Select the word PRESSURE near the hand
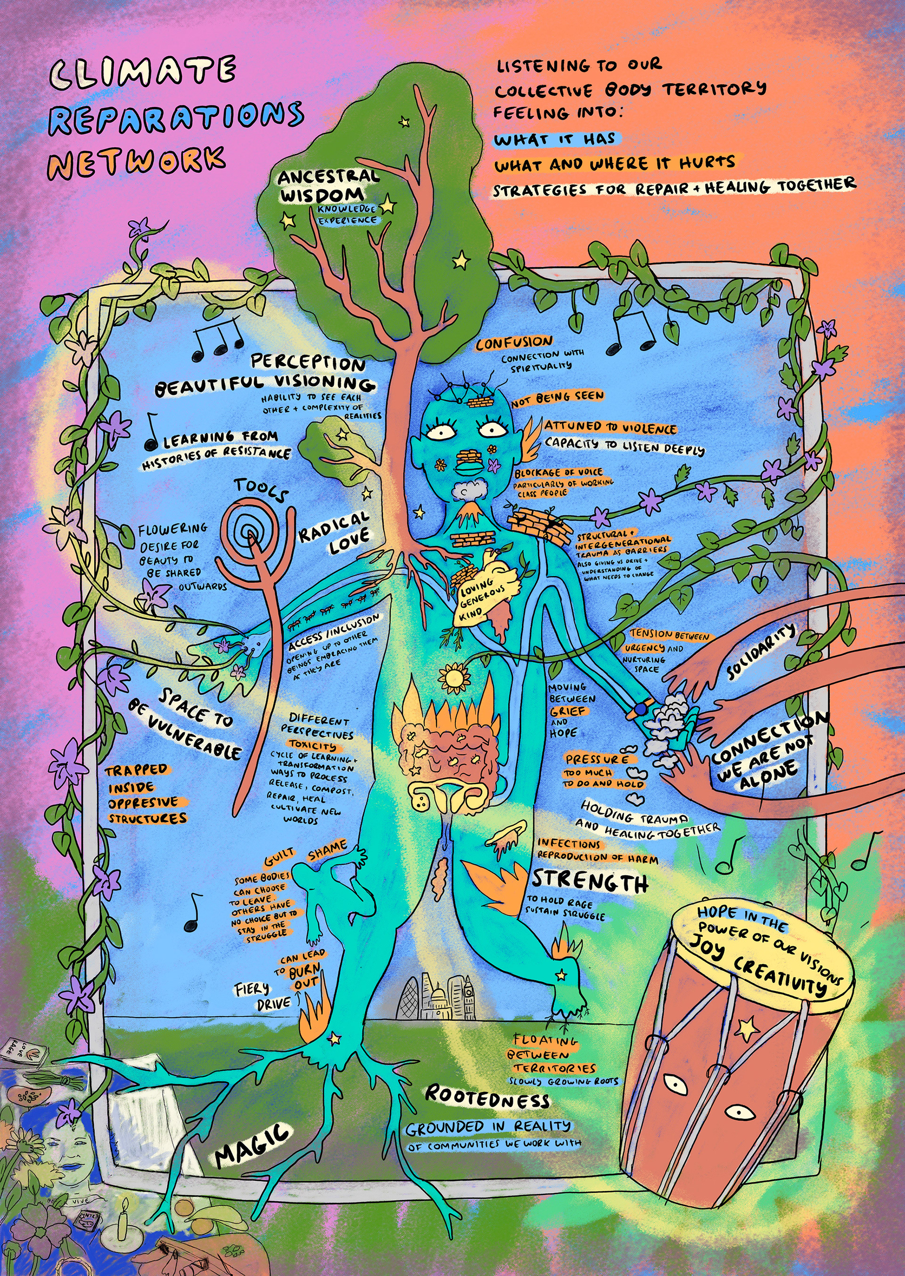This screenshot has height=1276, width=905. point(597,759)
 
